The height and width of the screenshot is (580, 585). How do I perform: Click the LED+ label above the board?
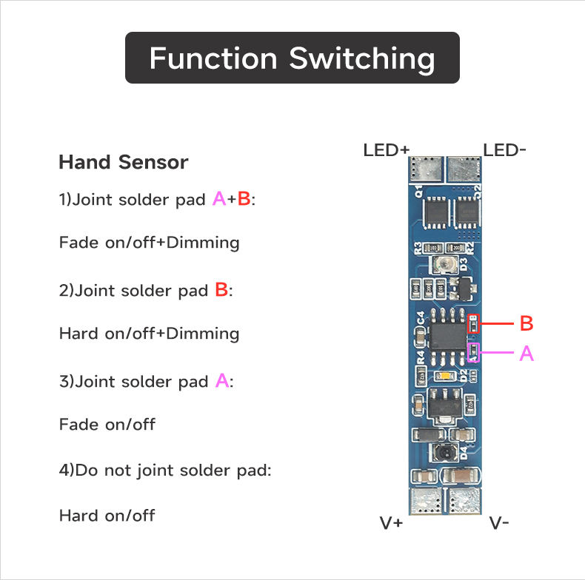386,150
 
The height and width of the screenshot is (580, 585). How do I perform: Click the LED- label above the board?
505,150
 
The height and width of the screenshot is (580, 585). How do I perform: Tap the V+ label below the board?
392,523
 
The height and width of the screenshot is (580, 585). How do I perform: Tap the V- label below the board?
499,523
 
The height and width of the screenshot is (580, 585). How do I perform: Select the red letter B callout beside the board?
526,323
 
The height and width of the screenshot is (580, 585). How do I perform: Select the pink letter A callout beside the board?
526,354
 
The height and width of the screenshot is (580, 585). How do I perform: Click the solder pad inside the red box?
472,320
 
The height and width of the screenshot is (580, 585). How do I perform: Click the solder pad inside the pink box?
472,352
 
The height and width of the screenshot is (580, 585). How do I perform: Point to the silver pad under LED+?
423,169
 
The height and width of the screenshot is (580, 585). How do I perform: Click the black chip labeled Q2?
467,213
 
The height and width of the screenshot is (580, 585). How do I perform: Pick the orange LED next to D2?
445,377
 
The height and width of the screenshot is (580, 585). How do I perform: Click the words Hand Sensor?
123,162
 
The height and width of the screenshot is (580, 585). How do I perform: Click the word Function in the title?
213,58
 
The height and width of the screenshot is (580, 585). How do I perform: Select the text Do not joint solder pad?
171,470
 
